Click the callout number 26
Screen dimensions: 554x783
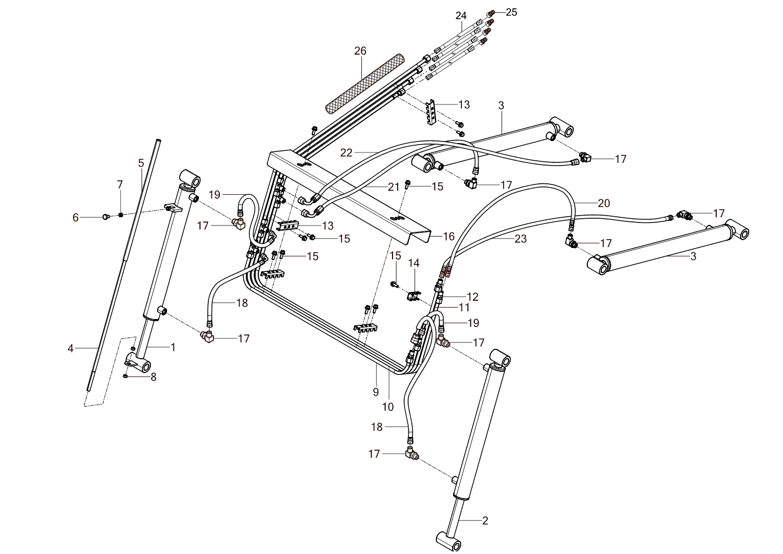(360, 51)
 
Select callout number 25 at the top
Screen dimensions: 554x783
(511, 12)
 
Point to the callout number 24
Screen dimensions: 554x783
(460, 16)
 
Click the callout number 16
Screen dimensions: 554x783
(449, 237)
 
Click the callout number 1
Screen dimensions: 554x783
(173, 347)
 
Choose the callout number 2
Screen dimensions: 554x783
(485, 521)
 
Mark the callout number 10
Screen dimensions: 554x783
(388, 407)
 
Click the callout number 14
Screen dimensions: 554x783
(413, 263)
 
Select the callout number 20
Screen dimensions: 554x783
(603, 203)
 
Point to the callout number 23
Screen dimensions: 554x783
(520, 239)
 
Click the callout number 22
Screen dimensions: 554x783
(347, 152)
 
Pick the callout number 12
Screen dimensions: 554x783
(472, 297)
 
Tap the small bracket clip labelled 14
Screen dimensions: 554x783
(413, 297)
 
